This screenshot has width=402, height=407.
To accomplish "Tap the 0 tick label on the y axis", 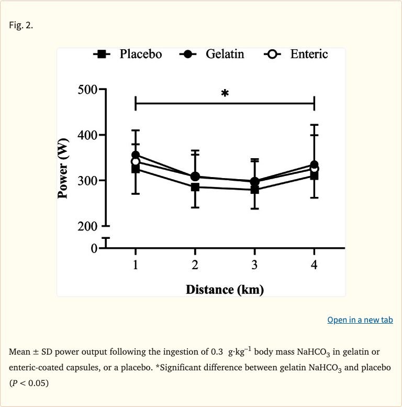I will pyautogui.click(x=94, y=248).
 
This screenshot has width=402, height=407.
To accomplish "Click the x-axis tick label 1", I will pyautogui.click(x=136, y=265).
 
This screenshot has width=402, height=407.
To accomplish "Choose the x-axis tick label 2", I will pyautogui.click(x=195, y=265).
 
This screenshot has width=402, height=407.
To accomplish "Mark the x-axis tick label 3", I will pyautogui.click(x=254, y=265).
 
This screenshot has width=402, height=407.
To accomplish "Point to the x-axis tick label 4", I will pyautogui.click(x=314, y=265).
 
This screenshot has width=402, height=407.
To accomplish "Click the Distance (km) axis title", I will pyautogui.click(x=225, y=289).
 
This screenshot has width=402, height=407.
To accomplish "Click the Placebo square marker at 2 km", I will pyautogui.click(x=195, y=187).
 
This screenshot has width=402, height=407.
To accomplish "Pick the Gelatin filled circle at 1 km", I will pyautogui.click(x=136, y=155).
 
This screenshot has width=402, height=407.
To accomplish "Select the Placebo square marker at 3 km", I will pyautogui.click(x=254, y=190).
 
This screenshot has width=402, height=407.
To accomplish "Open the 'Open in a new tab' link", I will pyautogui.click(x=360, y=320).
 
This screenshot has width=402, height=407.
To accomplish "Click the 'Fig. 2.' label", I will pyautogui.click(x=21, y=25).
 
